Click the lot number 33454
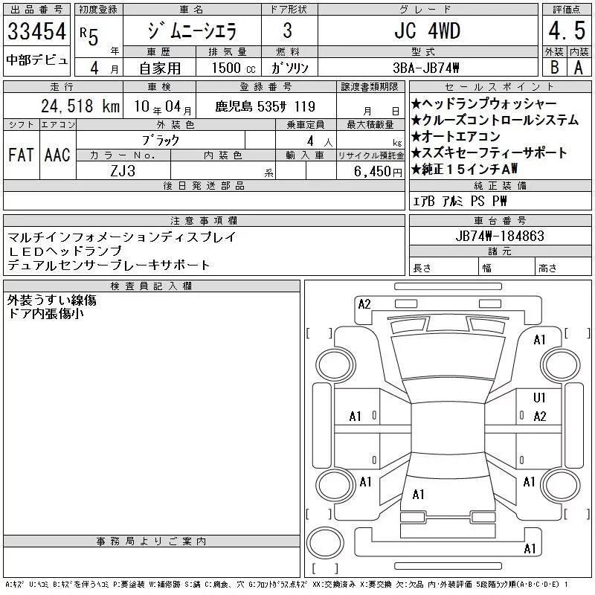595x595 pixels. [x=36, y=30]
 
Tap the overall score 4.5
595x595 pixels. [x=567, y=30]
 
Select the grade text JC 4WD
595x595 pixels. [x=427, y=30]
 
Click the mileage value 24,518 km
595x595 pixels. [x=80, y=106]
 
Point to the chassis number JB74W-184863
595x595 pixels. [x=500, y=236]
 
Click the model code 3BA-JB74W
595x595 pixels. [x=425, y=68]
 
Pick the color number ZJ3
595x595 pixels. [x=123, y=171]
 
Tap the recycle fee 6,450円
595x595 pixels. [x=378, y=172]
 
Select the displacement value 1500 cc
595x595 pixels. [x=234, y=68]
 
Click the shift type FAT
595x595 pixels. [x=21, y=155]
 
